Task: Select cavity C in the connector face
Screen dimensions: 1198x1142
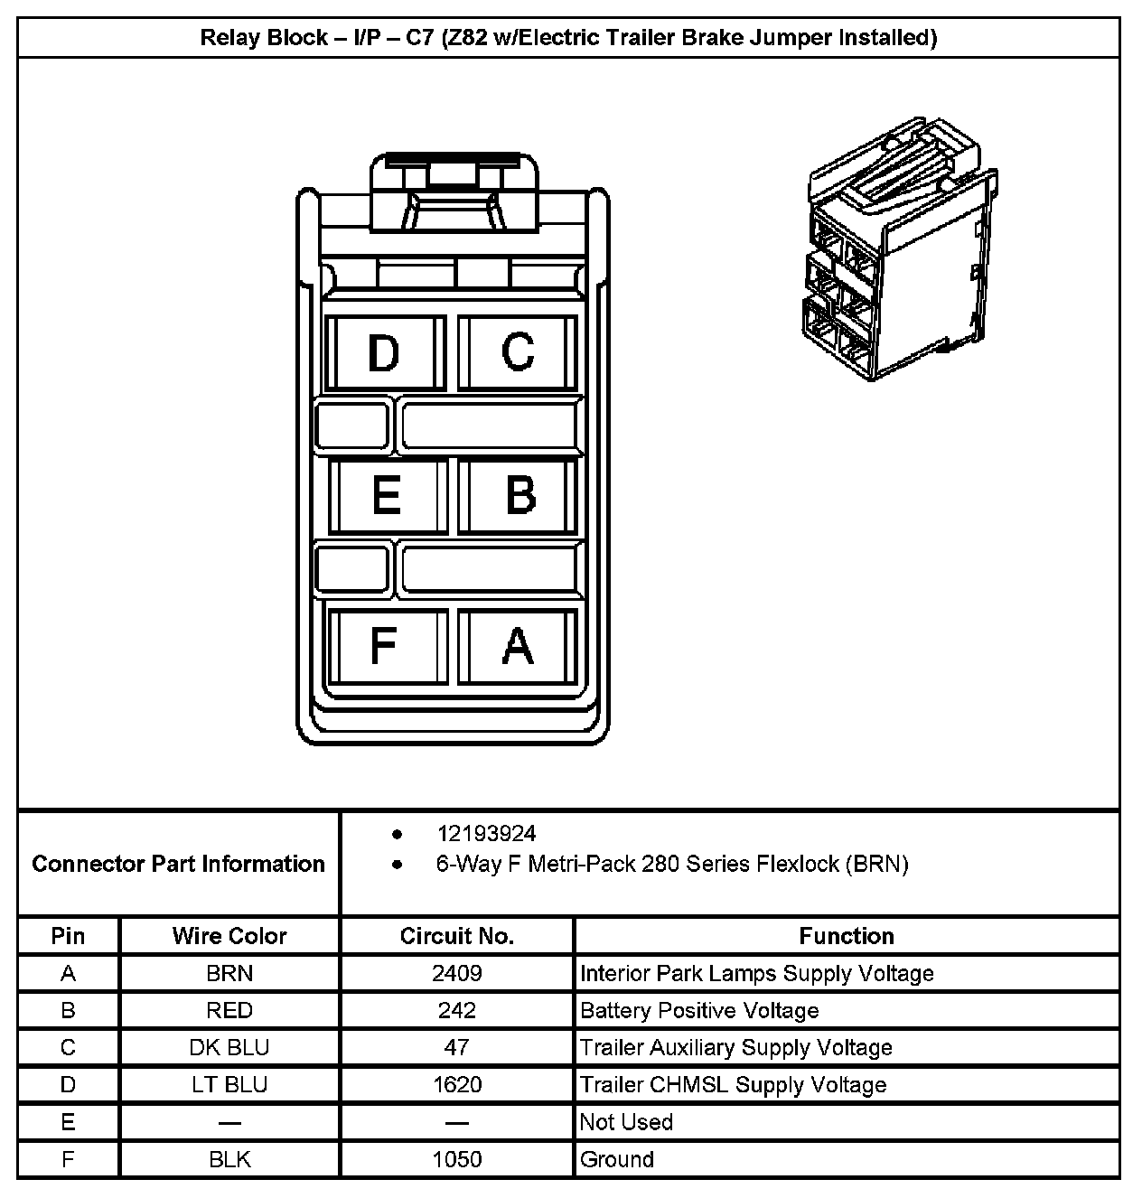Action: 518,352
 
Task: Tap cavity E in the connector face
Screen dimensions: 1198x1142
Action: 387,495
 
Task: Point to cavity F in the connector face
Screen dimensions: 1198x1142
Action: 385,645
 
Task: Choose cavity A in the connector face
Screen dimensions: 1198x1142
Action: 518,645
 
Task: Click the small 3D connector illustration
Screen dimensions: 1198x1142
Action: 902,248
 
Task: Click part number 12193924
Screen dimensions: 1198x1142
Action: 486,834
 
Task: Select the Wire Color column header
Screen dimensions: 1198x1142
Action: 229,936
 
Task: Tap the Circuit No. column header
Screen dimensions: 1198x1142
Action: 457,936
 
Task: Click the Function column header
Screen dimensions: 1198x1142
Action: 847,936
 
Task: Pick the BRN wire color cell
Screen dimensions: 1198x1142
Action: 229,974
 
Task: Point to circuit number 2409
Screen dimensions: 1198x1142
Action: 457,974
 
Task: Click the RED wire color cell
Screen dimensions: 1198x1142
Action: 229,1011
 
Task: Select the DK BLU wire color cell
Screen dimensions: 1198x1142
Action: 229,1048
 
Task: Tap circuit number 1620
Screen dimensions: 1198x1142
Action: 457,1085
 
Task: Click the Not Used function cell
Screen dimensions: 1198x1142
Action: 626,1122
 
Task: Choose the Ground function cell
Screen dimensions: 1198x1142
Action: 617,1159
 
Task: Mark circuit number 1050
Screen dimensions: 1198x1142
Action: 457,1159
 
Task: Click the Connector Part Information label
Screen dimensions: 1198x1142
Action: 178,864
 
